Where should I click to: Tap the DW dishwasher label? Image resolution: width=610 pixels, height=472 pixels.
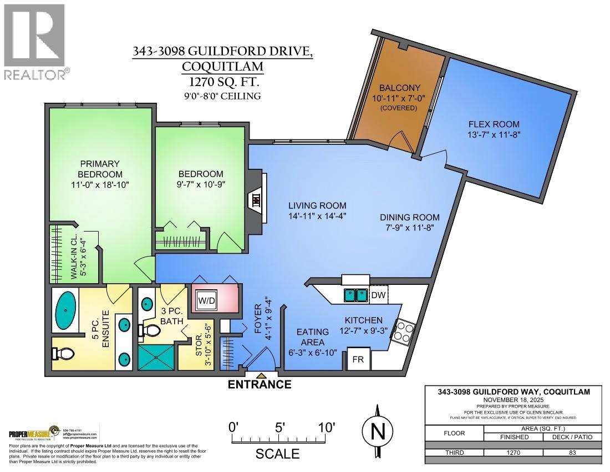378,295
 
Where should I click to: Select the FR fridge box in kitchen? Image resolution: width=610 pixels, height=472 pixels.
358,360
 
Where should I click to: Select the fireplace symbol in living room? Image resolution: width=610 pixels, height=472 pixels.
256,200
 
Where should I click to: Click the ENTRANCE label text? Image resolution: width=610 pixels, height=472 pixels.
260,384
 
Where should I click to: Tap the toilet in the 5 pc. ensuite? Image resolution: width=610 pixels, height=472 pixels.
59,353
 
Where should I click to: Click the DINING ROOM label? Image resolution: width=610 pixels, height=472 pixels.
410,217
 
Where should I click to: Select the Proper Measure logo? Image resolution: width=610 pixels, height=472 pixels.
32,433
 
